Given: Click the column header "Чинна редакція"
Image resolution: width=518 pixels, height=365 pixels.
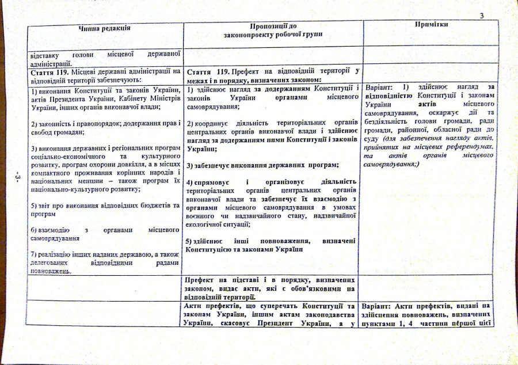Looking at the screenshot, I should [104, 27].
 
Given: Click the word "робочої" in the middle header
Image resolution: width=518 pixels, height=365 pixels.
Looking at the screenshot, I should [291, 35].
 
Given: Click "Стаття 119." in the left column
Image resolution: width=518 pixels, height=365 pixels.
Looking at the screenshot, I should [49, 71].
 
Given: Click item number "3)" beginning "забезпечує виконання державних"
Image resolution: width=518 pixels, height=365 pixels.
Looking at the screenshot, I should [191, 165].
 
